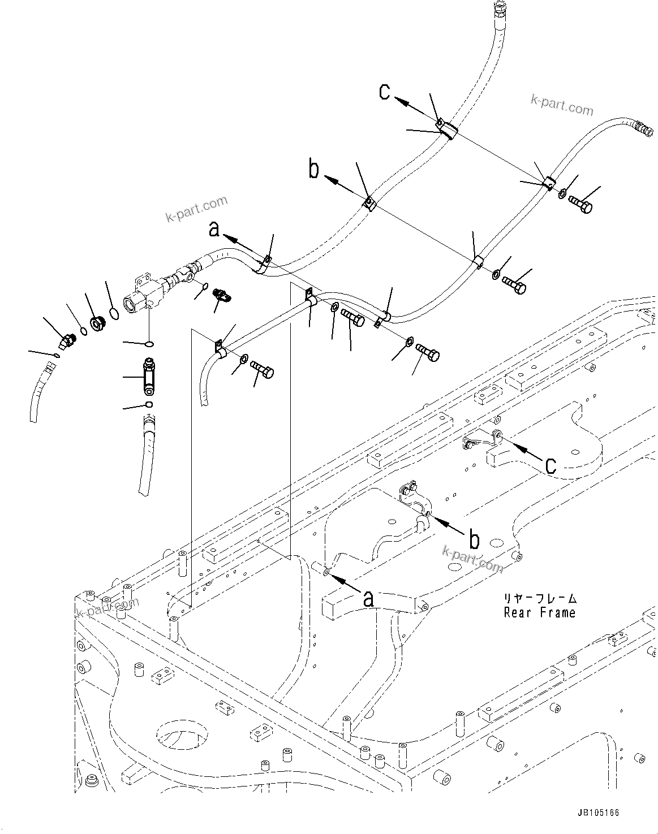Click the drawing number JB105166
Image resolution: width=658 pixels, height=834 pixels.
(x=598, y=813)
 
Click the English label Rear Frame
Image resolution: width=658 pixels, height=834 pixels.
(x=539, y=612)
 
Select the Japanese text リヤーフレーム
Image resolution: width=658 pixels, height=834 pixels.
(x=540, y=598)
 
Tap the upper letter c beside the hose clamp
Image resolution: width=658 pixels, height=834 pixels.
(x=385, y=92)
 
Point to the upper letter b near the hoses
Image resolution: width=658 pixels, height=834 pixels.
(x=314, y=169)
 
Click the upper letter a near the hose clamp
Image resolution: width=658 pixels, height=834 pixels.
(x=214, y=228)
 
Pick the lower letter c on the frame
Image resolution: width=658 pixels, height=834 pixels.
(x=550, y=464)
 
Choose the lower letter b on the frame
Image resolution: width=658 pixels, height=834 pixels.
(x=474, y=540)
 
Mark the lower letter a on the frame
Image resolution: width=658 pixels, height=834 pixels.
(x=368, y=598)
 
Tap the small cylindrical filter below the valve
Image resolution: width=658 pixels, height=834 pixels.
(x=149, y=377)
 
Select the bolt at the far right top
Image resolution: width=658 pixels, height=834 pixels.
(x=580, y=204)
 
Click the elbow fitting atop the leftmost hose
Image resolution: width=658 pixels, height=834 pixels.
(x=67, y=341)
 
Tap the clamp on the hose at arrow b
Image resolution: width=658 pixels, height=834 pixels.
(x=369, y=202)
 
